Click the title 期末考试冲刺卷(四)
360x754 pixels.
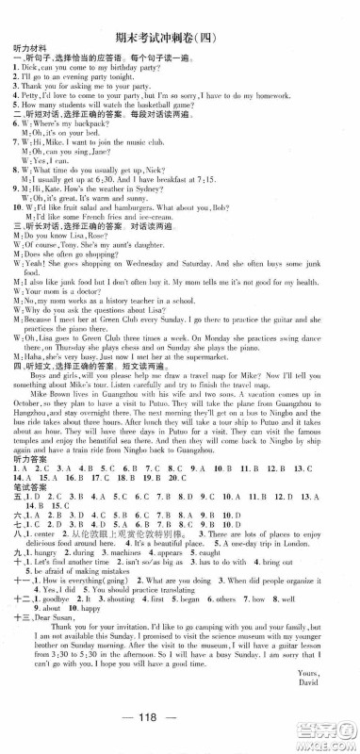[x=179, y=12]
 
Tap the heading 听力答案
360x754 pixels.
[x=25, y=438]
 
